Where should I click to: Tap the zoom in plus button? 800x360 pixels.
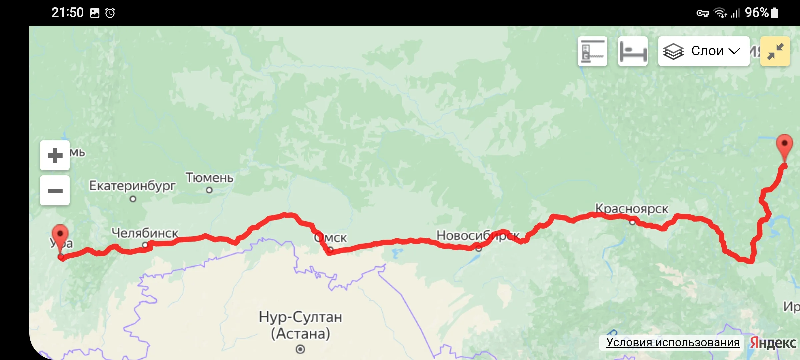tap(55, 155)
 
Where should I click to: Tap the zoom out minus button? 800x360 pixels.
tap(55, 191)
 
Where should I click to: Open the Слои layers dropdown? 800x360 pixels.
tap(704, 51)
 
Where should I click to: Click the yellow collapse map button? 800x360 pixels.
tap(775, 51)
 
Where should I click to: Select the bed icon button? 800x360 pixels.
tap(633, 51)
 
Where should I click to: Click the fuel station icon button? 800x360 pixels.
tap(592, 51)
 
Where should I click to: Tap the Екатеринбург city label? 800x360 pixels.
tap(132, 186)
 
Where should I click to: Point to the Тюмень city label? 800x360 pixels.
tap(210, 178)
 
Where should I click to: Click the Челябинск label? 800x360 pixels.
tap(145, 233)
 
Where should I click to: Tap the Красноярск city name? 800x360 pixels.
tap(632, 209)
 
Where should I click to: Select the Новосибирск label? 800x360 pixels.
tap(478, 236)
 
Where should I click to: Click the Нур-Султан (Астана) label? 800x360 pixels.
tap(300, 325)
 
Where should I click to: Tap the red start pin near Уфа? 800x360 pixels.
tap(60, 235)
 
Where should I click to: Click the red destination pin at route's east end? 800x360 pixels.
tap(784, 145)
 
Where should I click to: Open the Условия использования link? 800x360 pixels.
tap(673, 342)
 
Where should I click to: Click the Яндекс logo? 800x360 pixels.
tap(773, 343)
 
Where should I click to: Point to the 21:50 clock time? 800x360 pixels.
tap(67, 13)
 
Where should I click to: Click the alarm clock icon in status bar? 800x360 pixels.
tap(110, 13)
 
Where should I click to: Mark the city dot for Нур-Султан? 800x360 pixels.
tap(300, 349)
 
